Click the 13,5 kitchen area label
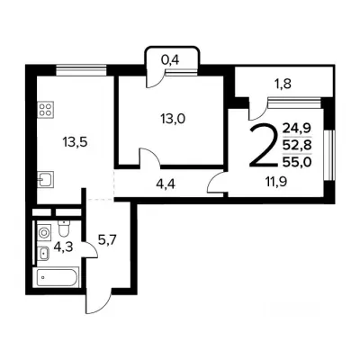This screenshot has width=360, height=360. click(x=75, y=142)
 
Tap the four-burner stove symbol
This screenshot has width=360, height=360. click(x=46, y=109)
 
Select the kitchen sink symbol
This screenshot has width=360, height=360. click(x=46, y=179)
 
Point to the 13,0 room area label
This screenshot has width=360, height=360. click(x=173, y=119)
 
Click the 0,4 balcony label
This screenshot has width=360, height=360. click(x=170, y=60)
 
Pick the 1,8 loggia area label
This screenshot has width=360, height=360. click(x=283, y=85)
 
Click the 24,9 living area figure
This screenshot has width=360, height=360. click(x=297, y=129)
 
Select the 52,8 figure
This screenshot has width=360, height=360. click(x=297, y=146)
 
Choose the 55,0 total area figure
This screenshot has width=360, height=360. click(x=297, y=162)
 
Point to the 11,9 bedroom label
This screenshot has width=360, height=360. click(x=275, y=182)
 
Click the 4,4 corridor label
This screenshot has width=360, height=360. click(x=166, y=184)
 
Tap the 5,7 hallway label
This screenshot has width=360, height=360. click(x=107, y=240)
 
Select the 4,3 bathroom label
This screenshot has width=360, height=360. click(x=64, y=247)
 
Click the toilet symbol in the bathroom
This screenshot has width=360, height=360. click(x=64, y=229)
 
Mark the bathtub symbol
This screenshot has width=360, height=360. click(x=58, y=277)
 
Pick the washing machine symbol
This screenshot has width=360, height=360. click(x=44, y=233)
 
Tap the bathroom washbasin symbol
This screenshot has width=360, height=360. click(x=44, y=254)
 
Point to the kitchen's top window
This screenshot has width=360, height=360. click(x=81, y=71)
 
